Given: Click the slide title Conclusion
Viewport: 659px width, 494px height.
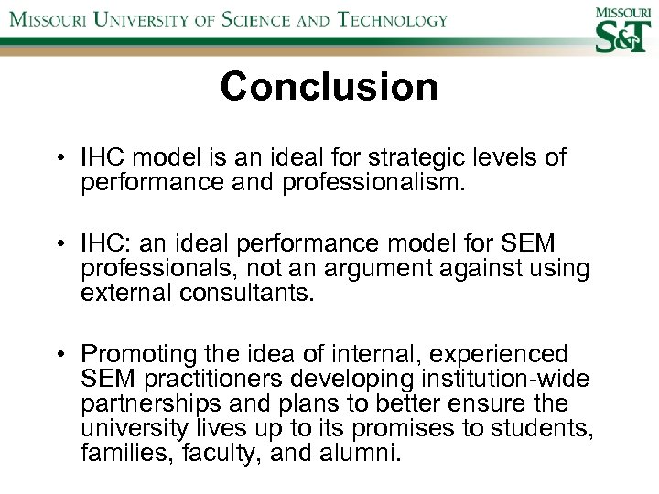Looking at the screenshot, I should click(x=329, y=88).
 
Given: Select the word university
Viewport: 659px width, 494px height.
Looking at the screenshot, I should click(x=134, y=427).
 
